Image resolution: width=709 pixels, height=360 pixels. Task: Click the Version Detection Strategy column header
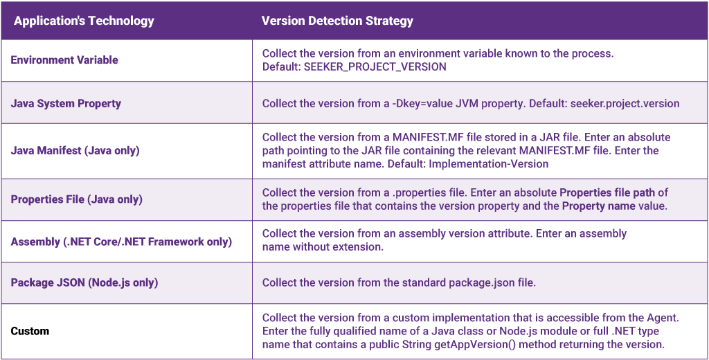[337, 21]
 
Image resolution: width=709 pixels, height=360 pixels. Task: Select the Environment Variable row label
[64, 60]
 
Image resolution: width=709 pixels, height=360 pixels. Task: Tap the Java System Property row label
[66, 103]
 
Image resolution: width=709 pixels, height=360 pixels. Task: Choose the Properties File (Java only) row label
[76, 199]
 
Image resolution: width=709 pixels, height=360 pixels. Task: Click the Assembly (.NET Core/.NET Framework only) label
[121, 242]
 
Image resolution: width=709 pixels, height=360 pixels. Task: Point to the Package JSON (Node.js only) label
[84, 282]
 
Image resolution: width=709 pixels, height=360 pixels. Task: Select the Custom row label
[30, 331]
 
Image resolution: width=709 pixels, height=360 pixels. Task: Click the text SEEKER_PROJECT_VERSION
[375, 67]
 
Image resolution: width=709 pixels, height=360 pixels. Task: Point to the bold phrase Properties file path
[613, 192]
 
